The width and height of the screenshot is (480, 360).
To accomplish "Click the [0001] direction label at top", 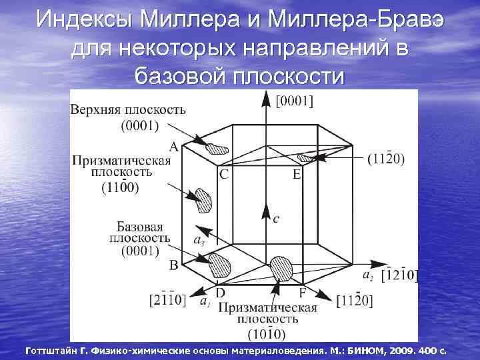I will [x=295, y=101].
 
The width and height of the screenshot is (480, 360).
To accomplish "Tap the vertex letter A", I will [x=173, y=146].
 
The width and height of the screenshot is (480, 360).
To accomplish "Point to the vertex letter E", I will [x=297, y=175].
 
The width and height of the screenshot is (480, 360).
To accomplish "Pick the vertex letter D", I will [x=220, y=292].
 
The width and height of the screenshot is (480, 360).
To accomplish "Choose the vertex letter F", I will [x=303, y=292].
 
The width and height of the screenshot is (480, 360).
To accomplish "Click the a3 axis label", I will [x=199, y=239].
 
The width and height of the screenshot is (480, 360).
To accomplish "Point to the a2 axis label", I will [x=367, y=274].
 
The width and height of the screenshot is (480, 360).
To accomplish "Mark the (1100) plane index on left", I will [x=121, y=188].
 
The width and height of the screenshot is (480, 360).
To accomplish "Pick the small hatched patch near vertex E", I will [x=305, y=158].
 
